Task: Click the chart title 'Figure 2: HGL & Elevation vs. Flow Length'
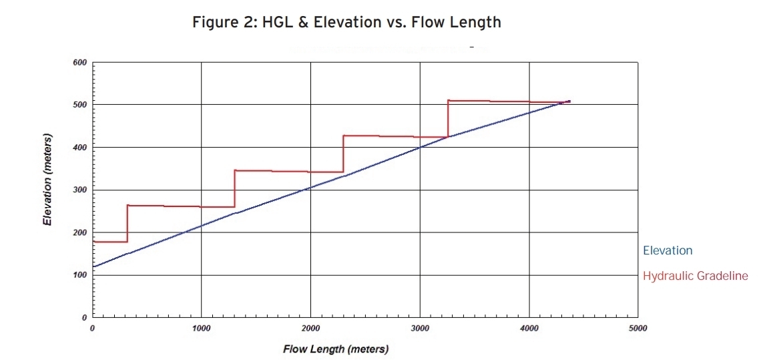click(346, 22)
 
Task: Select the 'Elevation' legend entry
click(668, 250)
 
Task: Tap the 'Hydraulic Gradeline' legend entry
click(695, 275)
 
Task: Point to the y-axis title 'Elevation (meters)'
click(48, 182)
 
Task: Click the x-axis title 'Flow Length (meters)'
click(335, 349)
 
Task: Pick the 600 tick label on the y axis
click(79, 63)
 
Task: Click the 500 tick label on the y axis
click(79, 105)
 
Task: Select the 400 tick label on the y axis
click(79, 148)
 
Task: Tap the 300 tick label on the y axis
click(79, 190)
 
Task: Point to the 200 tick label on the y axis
click(79, 232)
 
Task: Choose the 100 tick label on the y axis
click(79, 275)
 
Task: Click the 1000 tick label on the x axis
click(201, 328)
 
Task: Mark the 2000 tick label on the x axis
click(310, 328)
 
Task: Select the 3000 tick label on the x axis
click(419, 328)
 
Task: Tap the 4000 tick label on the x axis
click(529, 328)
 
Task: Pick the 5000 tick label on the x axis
click(638, 328)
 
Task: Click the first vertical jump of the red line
click(127, 224)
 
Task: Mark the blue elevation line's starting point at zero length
click(93, 266)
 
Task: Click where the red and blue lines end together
click(569, 102)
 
